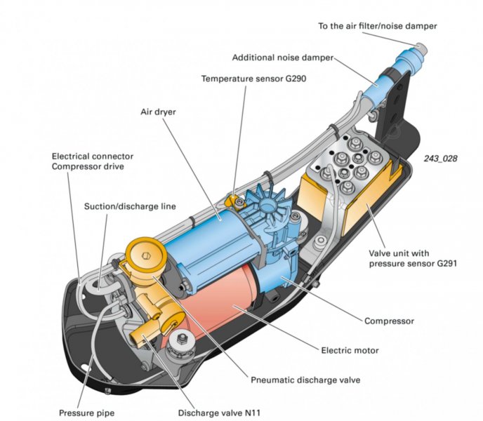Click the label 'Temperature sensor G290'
253,79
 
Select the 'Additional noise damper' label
282,58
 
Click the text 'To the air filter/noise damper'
377,26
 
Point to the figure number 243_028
440,159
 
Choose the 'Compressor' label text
388,321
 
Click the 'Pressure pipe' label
87,413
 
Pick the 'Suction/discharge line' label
130,206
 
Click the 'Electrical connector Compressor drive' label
92,161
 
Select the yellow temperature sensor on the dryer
233,201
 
